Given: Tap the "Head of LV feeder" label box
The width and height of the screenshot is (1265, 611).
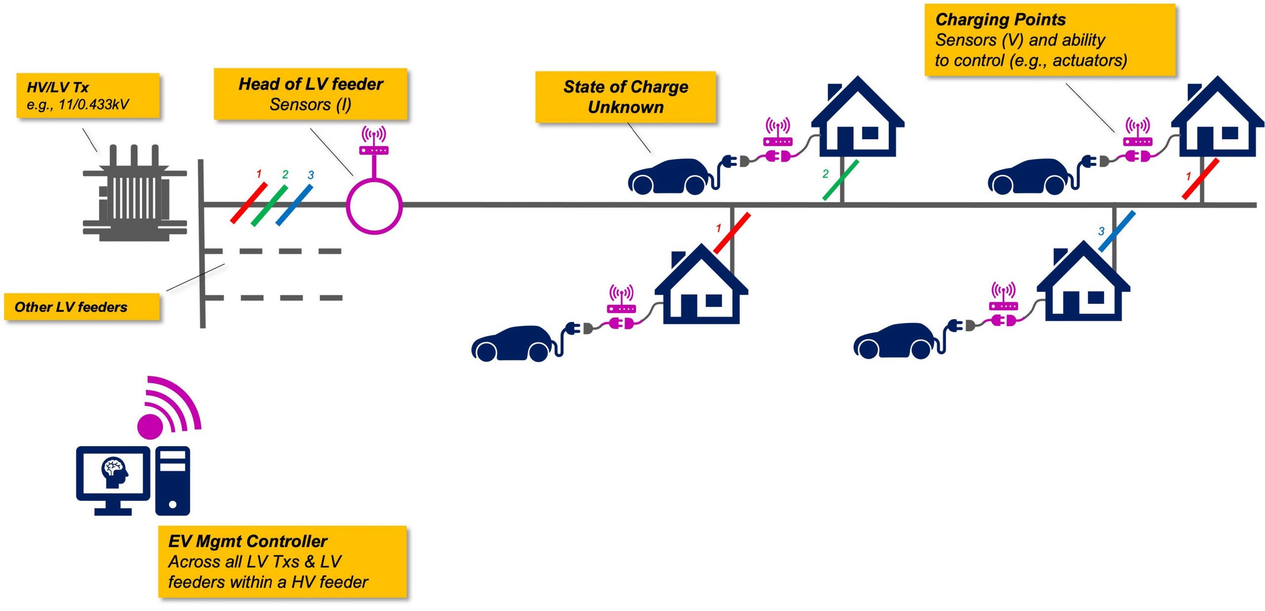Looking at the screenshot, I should coord(310,94).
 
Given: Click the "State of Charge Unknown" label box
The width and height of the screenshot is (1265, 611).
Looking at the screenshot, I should coord(626,97).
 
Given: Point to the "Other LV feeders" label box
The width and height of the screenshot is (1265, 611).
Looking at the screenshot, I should coord(82,307).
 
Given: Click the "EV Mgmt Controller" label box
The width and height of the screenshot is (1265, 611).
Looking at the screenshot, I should coord(282,562).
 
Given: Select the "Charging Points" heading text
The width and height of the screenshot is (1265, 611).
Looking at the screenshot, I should coord(1000,20).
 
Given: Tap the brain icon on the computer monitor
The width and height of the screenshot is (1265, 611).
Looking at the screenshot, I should coord(114,472).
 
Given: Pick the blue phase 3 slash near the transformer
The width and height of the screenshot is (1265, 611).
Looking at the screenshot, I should coord(294,204).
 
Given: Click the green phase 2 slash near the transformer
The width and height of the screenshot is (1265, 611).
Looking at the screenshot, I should coord(269,205).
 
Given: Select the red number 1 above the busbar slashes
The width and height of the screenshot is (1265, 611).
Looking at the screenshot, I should coord(259,174).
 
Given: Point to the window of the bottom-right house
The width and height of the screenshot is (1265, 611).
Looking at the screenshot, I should coord(1096,297).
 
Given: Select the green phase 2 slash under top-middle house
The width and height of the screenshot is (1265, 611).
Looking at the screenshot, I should coord(841,180).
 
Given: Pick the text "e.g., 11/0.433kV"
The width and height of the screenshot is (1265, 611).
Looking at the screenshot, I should coord(78,105).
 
